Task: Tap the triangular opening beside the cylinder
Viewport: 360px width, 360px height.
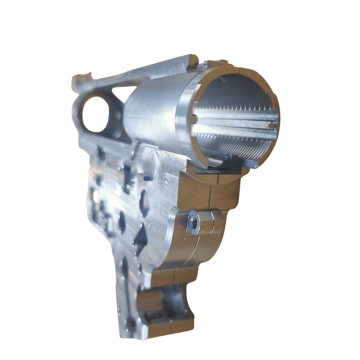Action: (x=120, y=93)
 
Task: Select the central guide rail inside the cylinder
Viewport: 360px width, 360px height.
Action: (x=231, y=123)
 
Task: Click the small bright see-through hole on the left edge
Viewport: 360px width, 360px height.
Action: (x=93, y=195)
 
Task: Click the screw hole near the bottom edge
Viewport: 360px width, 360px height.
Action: (x=132, y=324)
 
